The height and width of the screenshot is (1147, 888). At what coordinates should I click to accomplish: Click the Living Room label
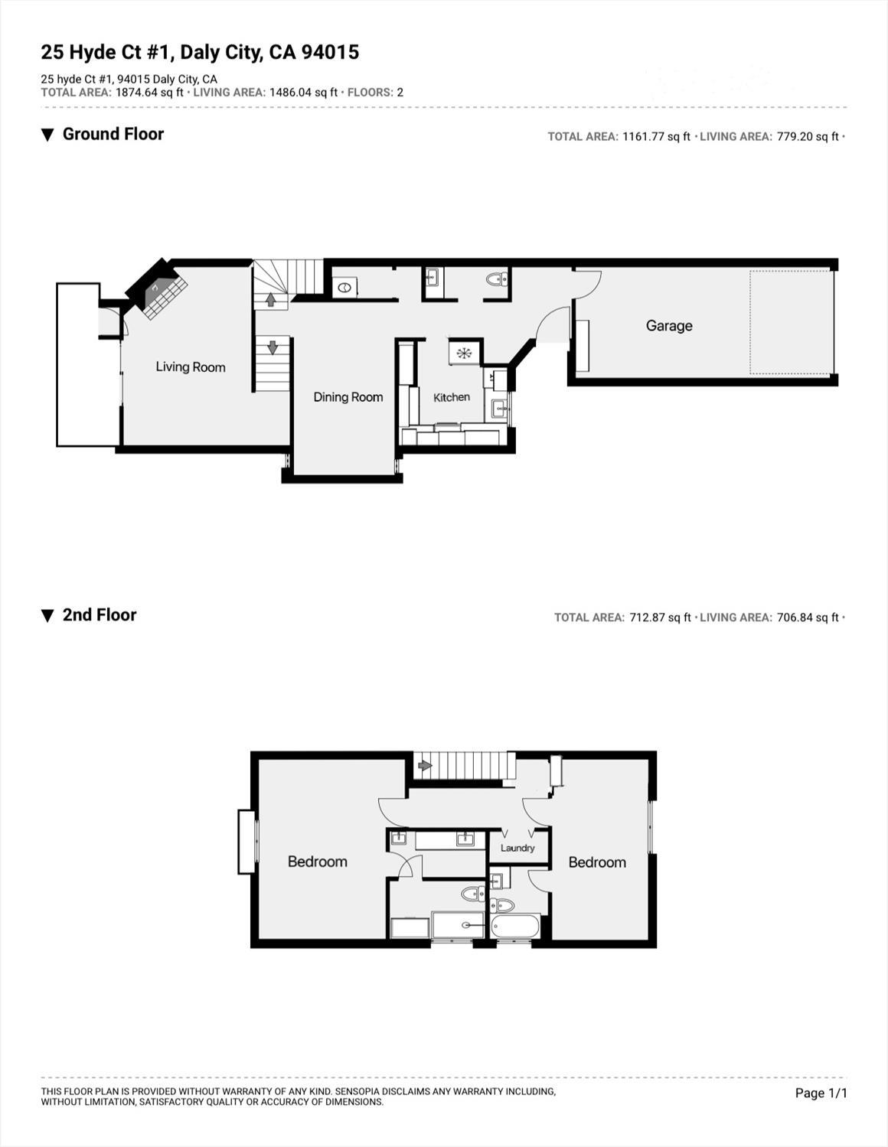pos(191,367)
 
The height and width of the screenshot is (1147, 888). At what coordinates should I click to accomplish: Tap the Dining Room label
pos(348,397)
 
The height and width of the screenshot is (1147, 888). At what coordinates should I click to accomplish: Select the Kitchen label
pos(452,397)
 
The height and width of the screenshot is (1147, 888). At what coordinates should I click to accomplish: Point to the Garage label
pos(669,326)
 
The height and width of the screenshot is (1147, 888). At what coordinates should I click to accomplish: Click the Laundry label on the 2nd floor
pos(517,848)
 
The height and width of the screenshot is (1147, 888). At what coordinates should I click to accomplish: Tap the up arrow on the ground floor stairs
pos(270,299)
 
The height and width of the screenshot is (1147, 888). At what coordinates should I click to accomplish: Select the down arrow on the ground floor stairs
pos(273,347)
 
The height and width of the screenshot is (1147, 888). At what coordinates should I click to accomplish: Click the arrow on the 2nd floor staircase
pos(425,764)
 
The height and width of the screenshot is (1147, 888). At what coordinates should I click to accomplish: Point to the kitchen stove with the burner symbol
pos(464,353)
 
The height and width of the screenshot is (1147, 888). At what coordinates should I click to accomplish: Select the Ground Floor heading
pos(113,135)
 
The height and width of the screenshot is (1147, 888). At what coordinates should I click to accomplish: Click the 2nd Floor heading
pos(100,615)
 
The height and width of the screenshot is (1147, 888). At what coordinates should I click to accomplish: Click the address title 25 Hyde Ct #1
pos(200,52)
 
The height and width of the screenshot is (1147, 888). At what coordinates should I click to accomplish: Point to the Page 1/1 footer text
pos(821,1093)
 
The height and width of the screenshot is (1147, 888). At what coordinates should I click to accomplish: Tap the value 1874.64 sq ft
pos(149,93)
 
